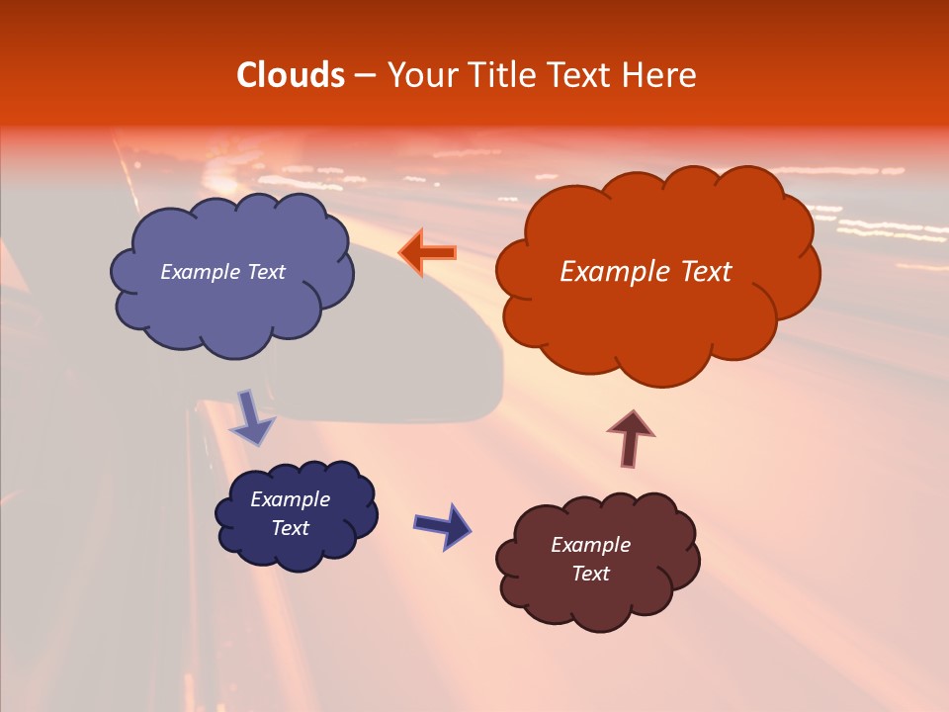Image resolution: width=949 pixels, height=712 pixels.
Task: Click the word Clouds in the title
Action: click(290, 75)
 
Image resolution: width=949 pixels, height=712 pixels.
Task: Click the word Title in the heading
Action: click(500, 75)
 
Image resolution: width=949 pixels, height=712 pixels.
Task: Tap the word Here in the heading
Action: click(660, 75)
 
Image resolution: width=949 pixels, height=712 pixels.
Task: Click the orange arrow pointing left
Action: click(427, 252)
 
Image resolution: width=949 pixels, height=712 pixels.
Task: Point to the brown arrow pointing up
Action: click(631, 436)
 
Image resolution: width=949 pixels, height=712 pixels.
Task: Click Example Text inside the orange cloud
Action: click(646, 271)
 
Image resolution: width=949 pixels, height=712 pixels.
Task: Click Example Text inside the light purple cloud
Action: click(222, 271)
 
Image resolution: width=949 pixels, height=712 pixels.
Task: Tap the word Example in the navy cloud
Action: click(290, 499)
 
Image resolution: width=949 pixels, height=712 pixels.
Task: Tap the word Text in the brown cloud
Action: click(590, 574)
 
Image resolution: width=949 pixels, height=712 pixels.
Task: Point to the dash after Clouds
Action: click(364, 76)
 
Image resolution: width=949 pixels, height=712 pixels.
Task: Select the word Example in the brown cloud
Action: click(590, 545)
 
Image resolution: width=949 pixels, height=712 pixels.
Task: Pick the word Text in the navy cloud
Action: click(290, 528)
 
